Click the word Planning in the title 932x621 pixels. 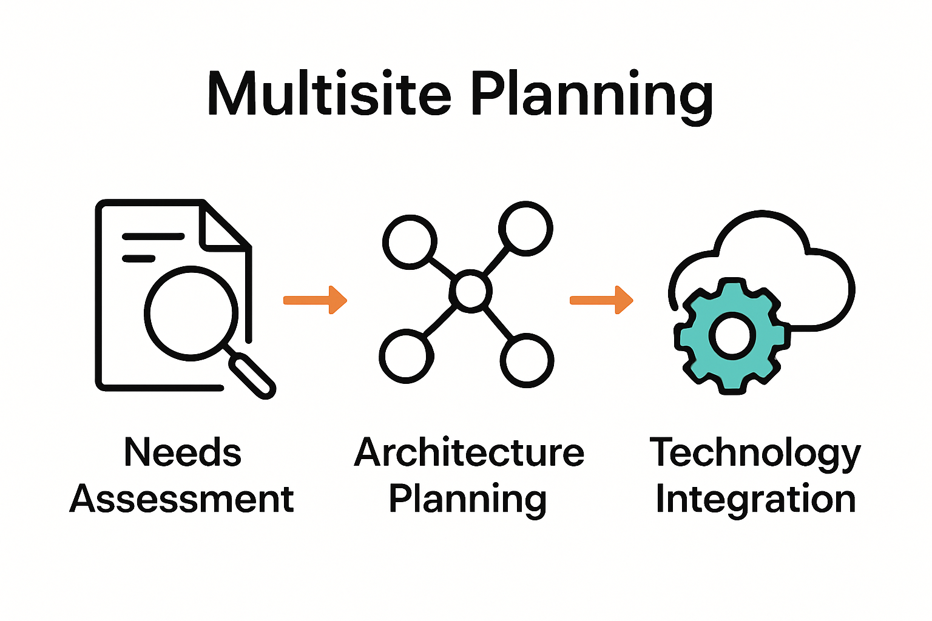[x=592, y=96]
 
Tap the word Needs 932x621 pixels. [x=182, y=452]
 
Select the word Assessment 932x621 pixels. [x=181, y=499]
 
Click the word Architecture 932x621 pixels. [x=469, y=452]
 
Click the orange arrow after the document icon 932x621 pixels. [x=315, y=300]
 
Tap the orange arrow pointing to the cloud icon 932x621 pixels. [x=601, y=300]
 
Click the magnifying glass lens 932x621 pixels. [x=191, y=313]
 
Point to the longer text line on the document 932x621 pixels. [x=153, y=237]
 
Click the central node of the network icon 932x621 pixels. [x=471, y=292]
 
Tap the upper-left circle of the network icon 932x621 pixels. [x=410, y=241]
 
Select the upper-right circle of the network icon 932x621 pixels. [x=525, y=229]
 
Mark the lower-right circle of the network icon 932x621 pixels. [x=527, y=361]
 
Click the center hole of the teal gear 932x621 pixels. [x=732, y=334]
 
